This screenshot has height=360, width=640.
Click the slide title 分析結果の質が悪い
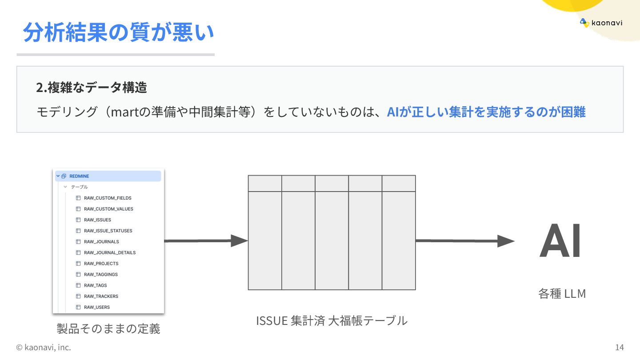[118, 32]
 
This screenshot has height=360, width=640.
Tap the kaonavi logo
[601, 23]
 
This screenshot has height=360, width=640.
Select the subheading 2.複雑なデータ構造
[92, 88]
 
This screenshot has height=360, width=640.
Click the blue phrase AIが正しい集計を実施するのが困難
[486, 112]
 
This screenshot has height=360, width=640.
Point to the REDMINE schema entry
[79, 176]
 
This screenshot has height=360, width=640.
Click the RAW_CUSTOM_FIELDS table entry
[107, 198]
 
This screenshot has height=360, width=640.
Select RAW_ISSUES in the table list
[97, 220]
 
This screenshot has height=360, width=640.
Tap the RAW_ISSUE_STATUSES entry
[108, 231]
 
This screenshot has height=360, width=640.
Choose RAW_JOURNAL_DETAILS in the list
[109, 252]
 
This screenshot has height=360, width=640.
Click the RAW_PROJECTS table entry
[101, 264]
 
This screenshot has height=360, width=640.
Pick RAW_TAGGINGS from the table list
[100, 274]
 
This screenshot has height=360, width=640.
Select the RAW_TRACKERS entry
[101, 296]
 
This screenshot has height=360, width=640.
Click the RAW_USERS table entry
[96, 307]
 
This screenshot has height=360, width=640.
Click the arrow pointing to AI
[464, 241]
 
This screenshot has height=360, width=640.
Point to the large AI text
[560, 241]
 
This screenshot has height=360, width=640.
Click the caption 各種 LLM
[562, 294]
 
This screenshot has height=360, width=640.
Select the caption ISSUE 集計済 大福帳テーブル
[332, 320]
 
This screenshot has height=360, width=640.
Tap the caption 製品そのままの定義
[108, 329]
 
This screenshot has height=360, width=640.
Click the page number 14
[620, 347]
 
